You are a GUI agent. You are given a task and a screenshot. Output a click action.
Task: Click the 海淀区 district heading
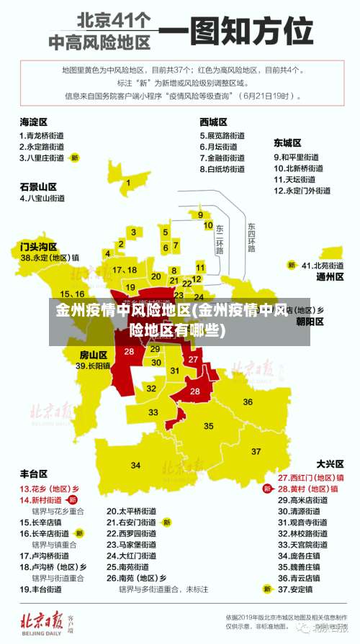click(34, 122)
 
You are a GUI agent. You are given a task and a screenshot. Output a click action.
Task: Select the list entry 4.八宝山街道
click(42, 198)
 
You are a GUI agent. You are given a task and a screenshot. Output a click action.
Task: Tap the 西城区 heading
click(213, 122)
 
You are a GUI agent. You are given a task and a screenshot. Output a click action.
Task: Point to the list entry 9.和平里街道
click(296, 157)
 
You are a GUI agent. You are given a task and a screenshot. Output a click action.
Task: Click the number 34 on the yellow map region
click(135, 465)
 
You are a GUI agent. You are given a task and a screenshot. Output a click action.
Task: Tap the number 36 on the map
click(248, 402)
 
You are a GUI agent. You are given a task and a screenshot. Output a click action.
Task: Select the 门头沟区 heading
click(38, 246)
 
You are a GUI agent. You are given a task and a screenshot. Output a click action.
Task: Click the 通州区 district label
click(330, 276)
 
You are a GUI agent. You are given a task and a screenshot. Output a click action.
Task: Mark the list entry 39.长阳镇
click(93, 366)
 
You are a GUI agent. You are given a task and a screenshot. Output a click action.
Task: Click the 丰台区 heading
click(34, 474)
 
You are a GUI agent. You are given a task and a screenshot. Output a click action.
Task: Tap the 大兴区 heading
click(330, 464)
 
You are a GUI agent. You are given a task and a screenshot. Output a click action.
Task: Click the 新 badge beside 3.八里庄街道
click(74, 157)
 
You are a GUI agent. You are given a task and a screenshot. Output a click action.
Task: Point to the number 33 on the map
click(153, 412)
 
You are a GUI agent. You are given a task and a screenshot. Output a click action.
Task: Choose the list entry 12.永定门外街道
click(302, 191)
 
